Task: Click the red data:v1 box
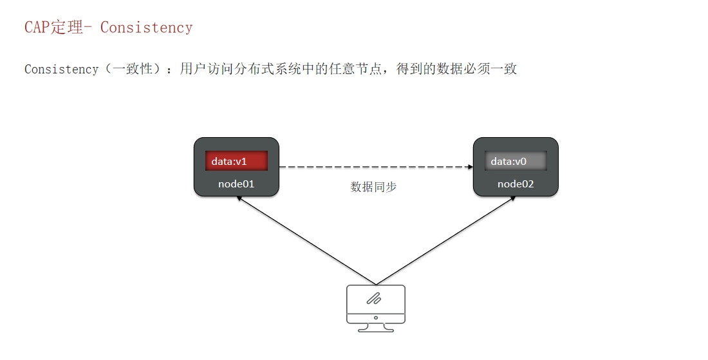237,161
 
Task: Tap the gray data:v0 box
516,161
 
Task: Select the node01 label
236,184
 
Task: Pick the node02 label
516,184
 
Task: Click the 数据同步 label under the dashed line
373,187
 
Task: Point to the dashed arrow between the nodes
376,167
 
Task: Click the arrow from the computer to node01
306,240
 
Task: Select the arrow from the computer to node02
446,240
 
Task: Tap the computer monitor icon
376,308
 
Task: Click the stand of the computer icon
376,328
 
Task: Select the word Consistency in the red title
146,28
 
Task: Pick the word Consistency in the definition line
61,69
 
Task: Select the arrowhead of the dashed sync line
470,167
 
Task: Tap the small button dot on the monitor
376,318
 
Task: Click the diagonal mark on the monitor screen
374,299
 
